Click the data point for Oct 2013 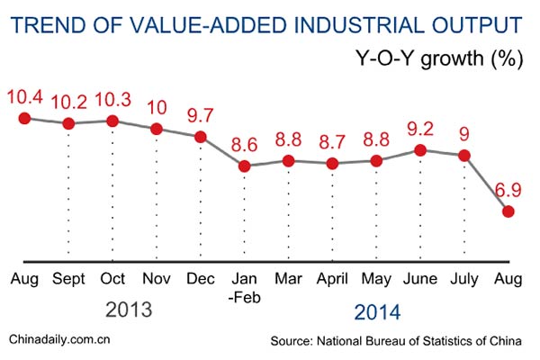click(x=112, y=121)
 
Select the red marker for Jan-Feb click(x=244, y=166)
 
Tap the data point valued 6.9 click(x=508, y=211)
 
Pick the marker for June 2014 click(x=420, y=150)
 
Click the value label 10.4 click(x=24, y=95)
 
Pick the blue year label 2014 click(x=376, y=312)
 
